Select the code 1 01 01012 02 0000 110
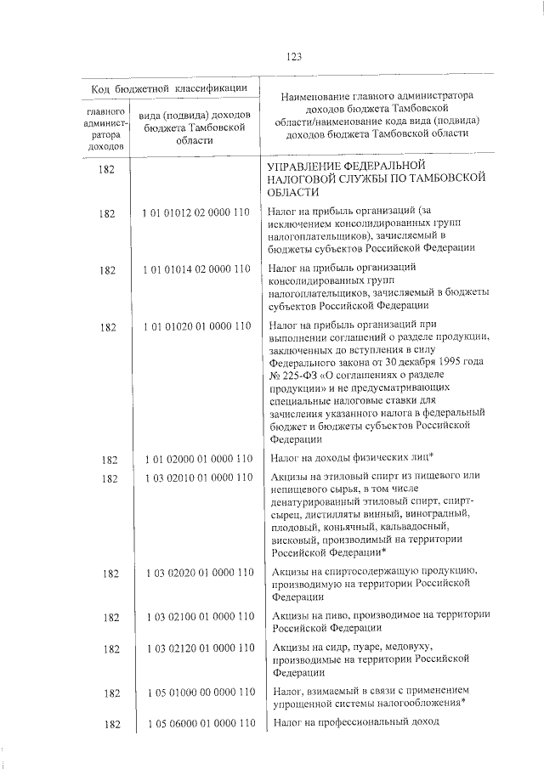tap(196, 215)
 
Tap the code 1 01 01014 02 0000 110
tap(196, 269)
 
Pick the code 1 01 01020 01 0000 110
tap(196, 325)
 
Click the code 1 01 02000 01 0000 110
tap(196, 460)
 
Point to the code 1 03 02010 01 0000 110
tap(196, 478)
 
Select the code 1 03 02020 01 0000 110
tap(196, 574)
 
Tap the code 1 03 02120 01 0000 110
tap(196, 648)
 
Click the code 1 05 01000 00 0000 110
tap(196, 693)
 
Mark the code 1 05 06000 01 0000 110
tap(196, 724)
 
